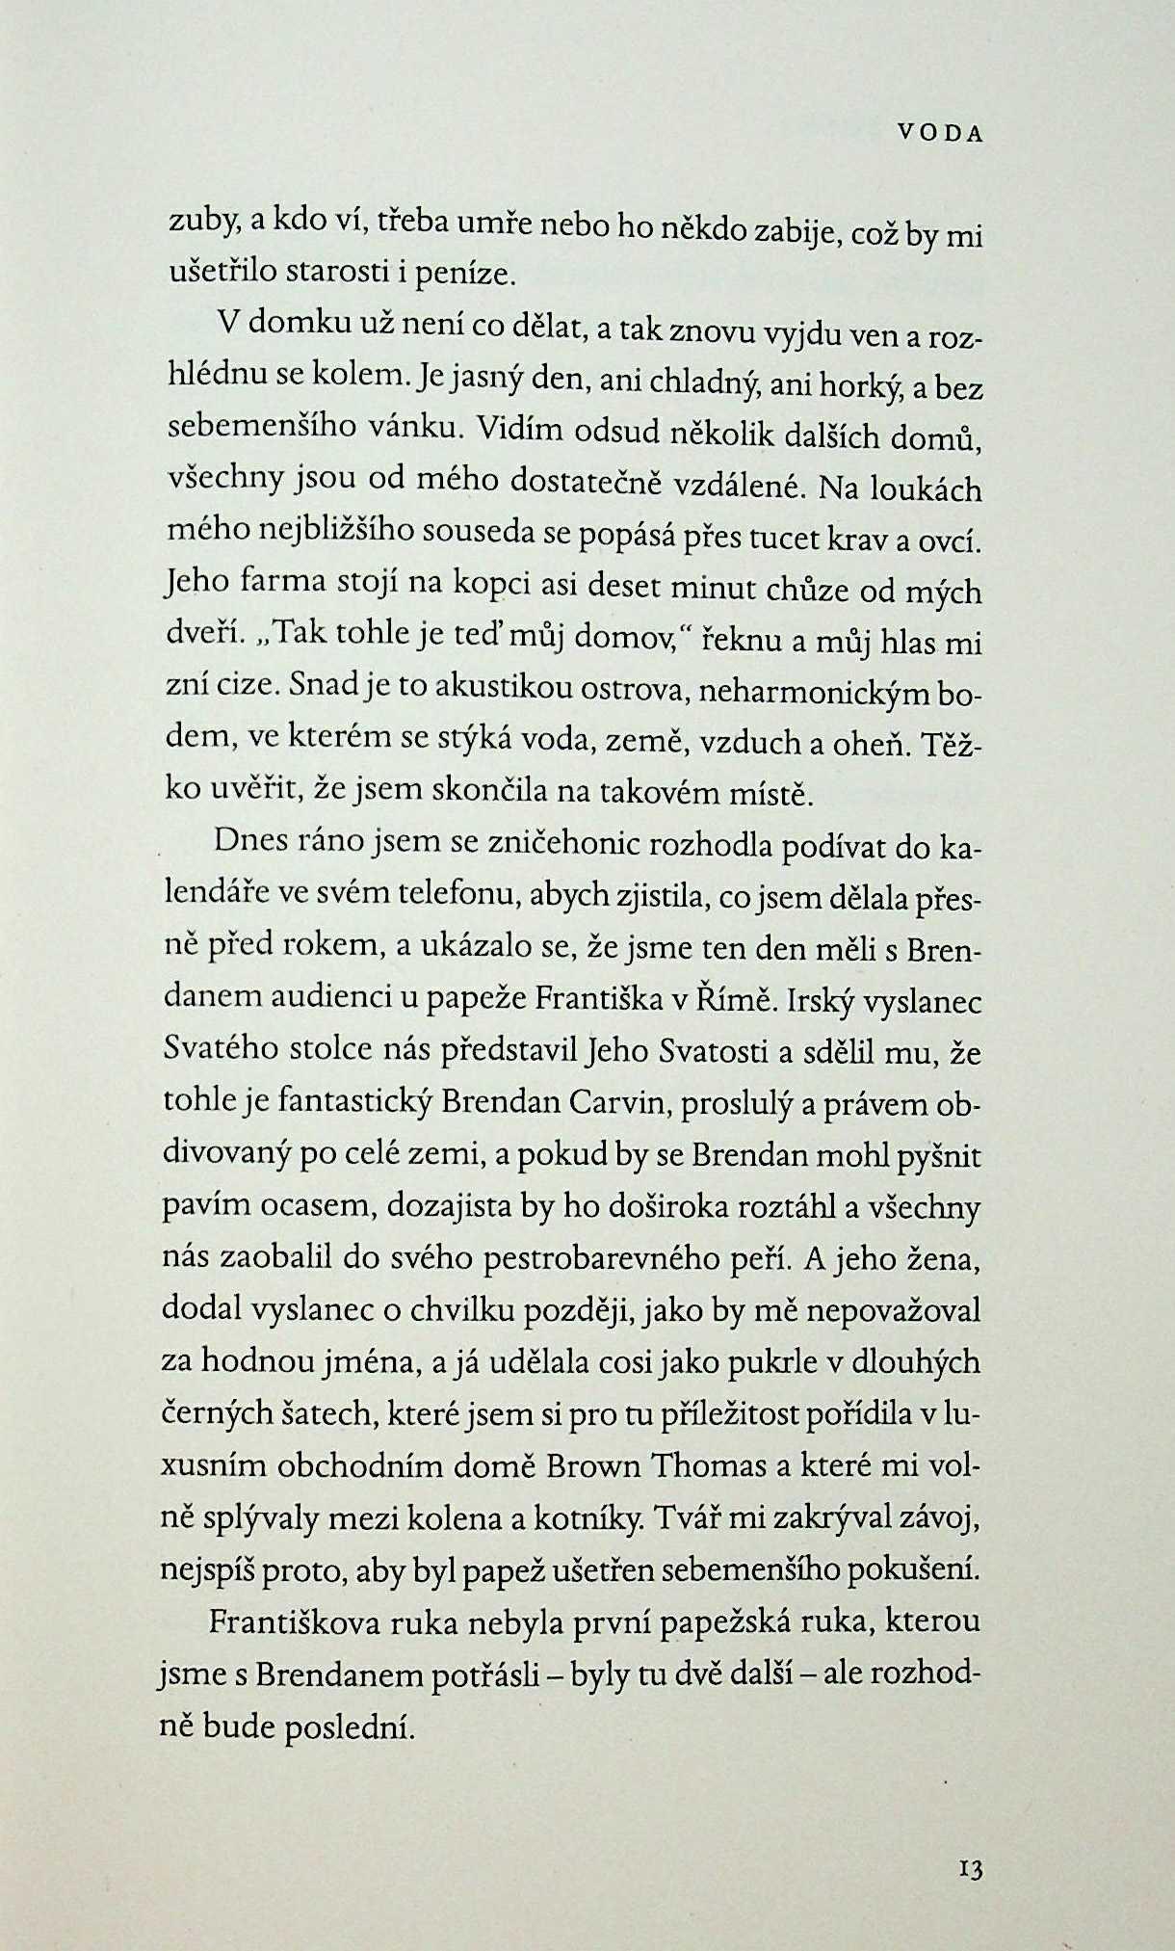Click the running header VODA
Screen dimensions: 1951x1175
[x=939, y=135]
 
